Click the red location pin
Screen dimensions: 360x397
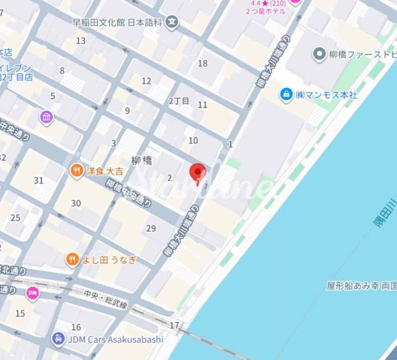pos(197,173)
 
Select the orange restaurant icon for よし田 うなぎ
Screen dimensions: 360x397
pos(72,259)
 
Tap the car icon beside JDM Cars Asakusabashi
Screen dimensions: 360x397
pos(58,339)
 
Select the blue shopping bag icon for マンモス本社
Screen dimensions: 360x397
pos(286,94)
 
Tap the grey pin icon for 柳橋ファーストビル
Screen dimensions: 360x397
pos(319,54)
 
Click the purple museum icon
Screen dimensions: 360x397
pos(46,118)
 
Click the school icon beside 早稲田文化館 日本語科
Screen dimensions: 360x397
pos(172,22)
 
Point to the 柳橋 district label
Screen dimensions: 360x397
pos(142,161)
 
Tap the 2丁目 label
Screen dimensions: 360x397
pos(179,101)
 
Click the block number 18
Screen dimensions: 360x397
pos(203,63)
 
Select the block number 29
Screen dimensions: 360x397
pos(151,228)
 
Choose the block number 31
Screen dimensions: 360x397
pos(38,180)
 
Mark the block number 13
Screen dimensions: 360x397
pos(80,41)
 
